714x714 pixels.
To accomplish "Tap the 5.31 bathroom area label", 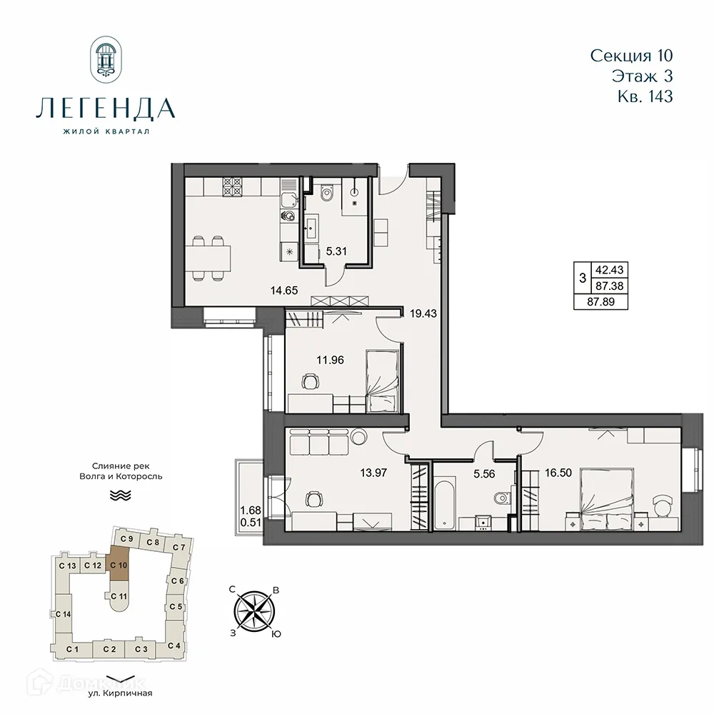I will click(336, 251).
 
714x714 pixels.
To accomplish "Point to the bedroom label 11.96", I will click(331, 360).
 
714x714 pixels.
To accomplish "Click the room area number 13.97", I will click(372, 471).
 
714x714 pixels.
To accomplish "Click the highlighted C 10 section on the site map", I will click(119, 564).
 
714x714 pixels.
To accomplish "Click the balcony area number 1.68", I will click(249, 510).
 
